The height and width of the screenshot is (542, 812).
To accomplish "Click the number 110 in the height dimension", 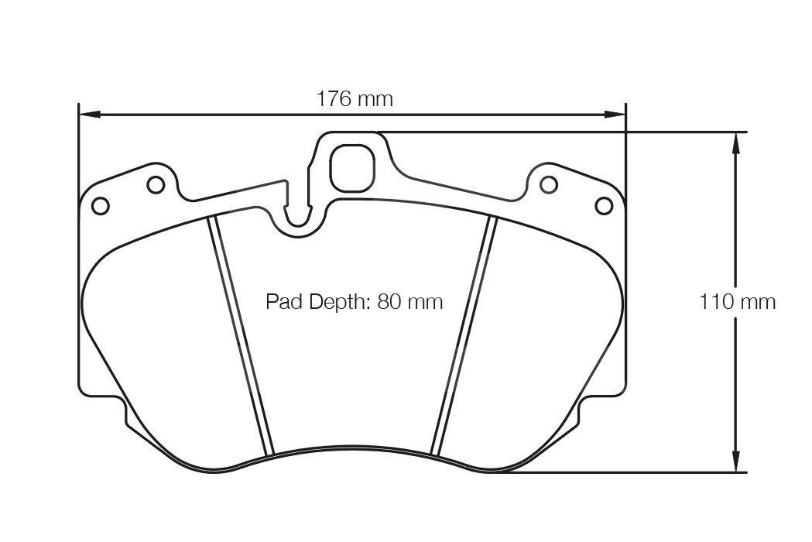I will coord(717,301).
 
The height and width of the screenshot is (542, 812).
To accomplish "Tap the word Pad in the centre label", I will coord(283,301).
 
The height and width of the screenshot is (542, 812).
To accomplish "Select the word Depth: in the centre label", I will coord(339,302).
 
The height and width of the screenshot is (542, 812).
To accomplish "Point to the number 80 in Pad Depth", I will coord(390,301).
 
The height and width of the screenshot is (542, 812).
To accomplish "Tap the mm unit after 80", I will coord(426,301).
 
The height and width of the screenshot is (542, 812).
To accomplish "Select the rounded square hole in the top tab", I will coord(351,167).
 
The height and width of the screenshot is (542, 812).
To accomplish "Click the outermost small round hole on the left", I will coord(100,205).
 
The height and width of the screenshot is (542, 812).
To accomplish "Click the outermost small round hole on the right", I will coord(604,205).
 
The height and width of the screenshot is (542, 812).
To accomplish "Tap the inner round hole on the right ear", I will coord(548,184).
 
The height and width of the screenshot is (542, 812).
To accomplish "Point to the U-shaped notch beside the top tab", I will coord(297,214).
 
